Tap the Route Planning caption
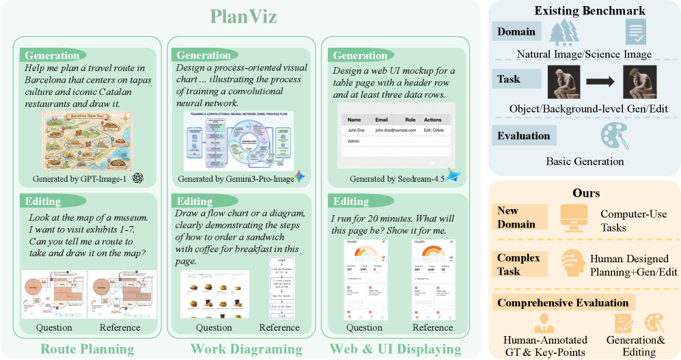point(88,349)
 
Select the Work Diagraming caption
point(246,349)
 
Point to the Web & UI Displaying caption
point(395,349)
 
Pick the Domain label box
point(516,31)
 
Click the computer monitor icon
point(574,215)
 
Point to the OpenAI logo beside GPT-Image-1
point(138,178)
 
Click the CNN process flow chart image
point(238,139)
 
